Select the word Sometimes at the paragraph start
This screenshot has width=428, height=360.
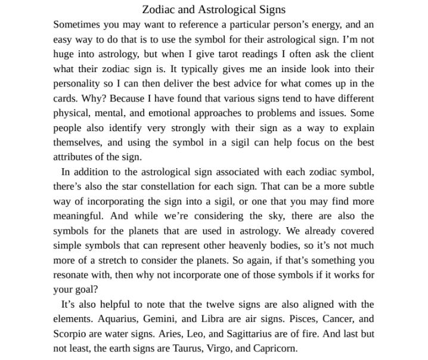pyautogui.click(x=77, y=25)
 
